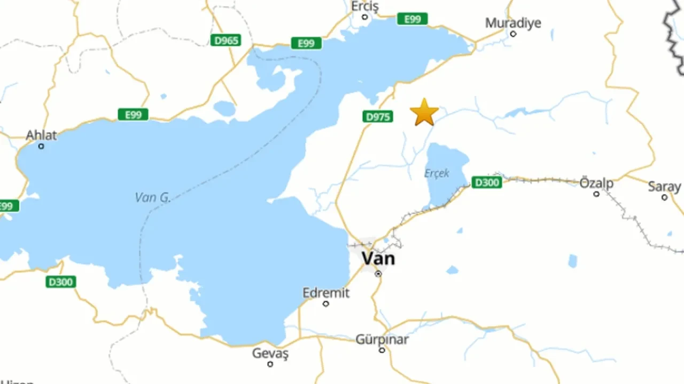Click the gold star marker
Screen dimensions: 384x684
coord(424,113)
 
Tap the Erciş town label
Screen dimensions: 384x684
coord(365,6)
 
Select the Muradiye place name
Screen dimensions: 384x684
coord(513,23)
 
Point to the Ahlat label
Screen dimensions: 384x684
coord(41,135)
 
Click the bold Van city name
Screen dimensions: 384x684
coord(378,259)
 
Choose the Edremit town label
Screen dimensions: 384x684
coord(325,293)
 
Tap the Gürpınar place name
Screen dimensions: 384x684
coord(382,339)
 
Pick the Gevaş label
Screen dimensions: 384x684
coord(270,353)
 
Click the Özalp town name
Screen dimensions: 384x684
coord(596,183)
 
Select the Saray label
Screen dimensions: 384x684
coord(664,187)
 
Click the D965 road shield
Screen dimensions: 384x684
coord(226,40)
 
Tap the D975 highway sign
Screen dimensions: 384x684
coord(378,116)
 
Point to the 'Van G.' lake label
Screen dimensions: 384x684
coord(152,197)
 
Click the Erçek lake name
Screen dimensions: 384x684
coord(437,173)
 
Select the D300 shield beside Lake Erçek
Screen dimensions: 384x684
coord(486,183)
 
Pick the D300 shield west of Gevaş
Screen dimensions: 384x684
coord(61,282)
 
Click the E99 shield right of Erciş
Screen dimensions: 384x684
coord(412,19)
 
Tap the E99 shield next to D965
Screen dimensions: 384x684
coord(306,43)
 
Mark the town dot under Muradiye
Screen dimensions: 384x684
coord(513,34)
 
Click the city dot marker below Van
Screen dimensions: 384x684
coord(378,274)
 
